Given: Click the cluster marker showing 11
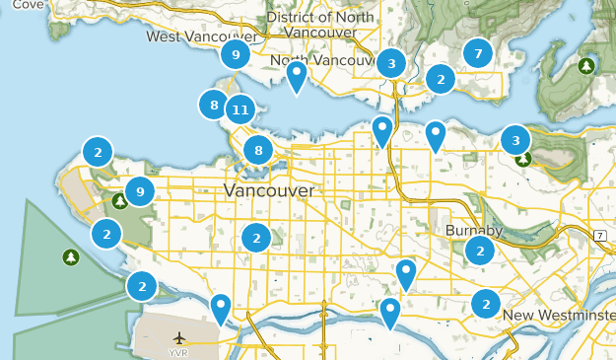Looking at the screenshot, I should [x=240, y=109].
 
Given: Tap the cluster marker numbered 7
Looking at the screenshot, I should [x=478, y=53].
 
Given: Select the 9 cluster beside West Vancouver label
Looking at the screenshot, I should [x=235, y=54].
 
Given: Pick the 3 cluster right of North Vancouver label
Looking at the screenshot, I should [x=391, y=64].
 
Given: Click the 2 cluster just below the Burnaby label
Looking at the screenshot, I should [x=480, y=250].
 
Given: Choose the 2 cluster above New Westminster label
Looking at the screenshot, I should [x=485, y=303].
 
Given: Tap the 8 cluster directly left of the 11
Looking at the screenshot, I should [x=213, y=104].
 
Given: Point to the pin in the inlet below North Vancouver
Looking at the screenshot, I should [x=296, y=75].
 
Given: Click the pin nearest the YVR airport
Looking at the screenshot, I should [x=221, y=308].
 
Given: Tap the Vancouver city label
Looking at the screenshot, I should [x=269, y=189].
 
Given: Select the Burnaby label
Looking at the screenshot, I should [x=473, y=230].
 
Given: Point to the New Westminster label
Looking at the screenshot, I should [x=558, y=315].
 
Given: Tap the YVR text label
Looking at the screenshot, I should [x=177, y=352].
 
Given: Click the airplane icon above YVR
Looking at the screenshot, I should [x=177, y=338].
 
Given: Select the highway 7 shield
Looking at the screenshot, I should [x=598, y=234].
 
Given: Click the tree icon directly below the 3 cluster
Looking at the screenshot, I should [x=522, y=158].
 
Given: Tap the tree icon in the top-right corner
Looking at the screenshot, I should [x=587, y=66].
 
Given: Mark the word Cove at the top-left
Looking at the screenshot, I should [x=28, y=5].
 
